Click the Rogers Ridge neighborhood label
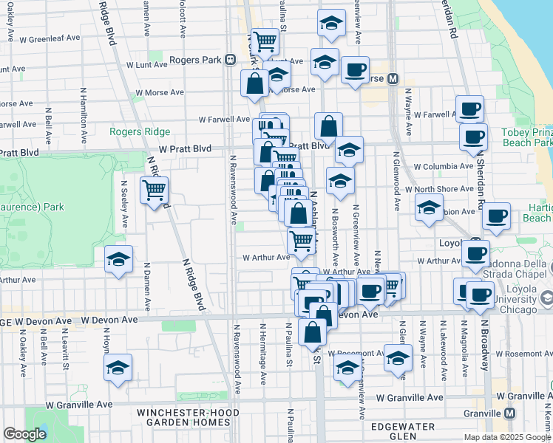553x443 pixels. point(140,132)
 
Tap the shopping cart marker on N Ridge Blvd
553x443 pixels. point(154,191)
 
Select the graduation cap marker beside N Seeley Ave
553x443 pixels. point(118,260)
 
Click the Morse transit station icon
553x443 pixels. point(393,79)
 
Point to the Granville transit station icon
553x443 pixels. point(509,413)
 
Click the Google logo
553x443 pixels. point(25,434)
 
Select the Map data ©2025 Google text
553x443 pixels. point(507,437)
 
